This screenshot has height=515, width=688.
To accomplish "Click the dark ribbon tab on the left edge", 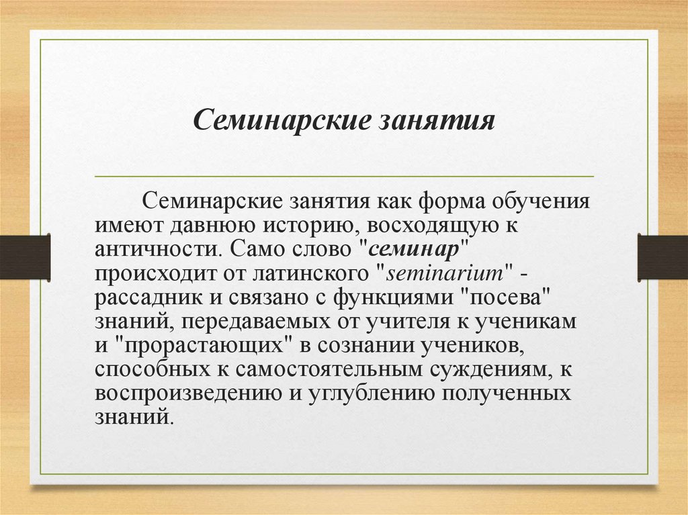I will (x=25, y=256).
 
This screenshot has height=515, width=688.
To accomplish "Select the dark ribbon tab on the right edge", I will (x=662, y=256).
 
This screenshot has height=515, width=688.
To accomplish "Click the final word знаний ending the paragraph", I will (x=131, y=417).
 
